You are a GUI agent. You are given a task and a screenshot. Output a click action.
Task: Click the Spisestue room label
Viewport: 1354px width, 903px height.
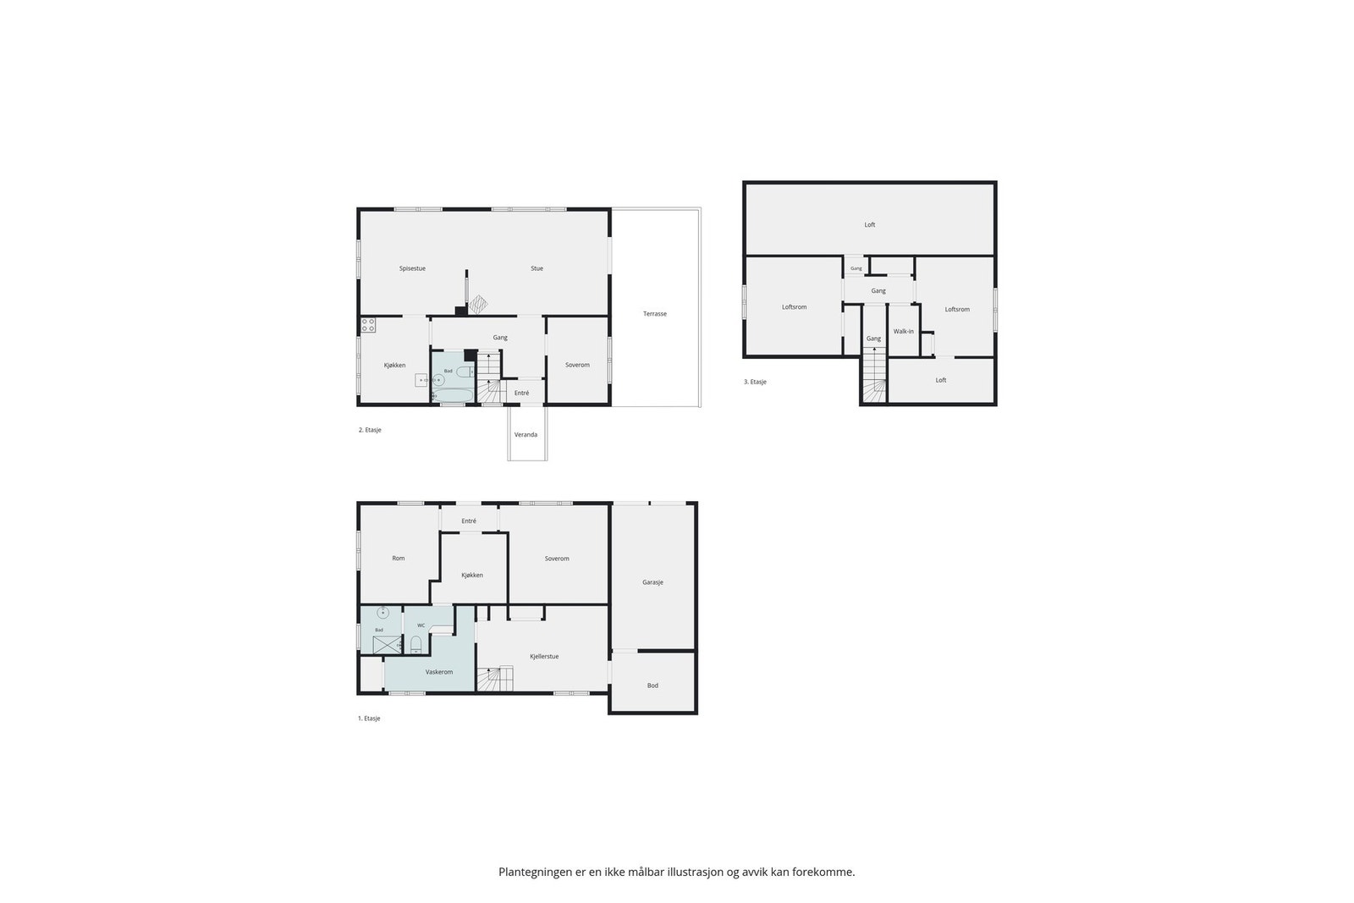pyautogui.click(x=412, y=268)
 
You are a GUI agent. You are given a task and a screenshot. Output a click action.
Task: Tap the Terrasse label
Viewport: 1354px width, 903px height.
pyautogui.click(x=655, y=314)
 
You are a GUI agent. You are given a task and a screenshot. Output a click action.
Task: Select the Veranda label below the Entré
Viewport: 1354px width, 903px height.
pyautogui.click(x=526, y=435)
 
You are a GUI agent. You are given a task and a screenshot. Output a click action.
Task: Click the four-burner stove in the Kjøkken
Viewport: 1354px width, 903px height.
pyautogui.click(x=368, y=325)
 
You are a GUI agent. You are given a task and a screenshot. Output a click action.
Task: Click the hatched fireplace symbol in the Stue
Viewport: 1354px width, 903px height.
pyautogui.click(x=478, y=304)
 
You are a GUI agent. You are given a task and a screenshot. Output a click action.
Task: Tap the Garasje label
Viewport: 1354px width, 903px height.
pyautogui.click(x=652, y=582)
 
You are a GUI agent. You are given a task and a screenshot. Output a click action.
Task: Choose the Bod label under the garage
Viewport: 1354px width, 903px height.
pyautogui.click(x=652, y=686)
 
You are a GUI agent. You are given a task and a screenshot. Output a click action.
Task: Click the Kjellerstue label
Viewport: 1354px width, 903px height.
pyautogui.click(x=544, y=657)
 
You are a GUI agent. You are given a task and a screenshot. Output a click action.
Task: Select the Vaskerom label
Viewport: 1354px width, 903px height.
pyautogui.click(x=439, y=672)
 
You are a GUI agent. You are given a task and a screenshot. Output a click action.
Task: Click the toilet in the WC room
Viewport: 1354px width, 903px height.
pyautogui.click(x=416, y=645)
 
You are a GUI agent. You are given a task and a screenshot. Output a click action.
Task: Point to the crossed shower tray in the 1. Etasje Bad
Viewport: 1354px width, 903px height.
pyautogui.click(x=387, y=645)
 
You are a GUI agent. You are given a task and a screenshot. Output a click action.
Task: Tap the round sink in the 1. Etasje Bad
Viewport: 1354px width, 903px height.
pyautogui.click(x=383, y=613)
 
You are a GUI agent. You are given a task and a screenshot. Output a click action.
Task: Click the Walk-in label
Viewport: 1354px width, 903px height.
pyautogui.click(x=904, y=331)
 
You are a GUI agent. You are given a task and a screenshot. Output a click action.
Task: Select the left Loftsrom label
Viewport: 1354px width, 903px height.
pyautogui.click(x=795, y=307)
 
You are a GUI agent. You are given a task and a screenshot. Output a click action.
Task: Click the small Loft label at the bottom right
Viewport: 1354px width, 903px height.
pyautogui.click(x=941, y=380)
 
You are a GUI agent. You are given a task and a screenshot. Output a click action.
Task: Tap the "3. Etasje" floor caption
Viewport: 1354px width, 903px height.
pyautogui.click(x=756, y=382)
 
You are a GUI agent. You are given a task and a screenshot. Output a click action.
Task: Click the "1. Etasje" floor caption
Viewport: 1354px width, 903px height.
pyautogui.click(x=369, y=719)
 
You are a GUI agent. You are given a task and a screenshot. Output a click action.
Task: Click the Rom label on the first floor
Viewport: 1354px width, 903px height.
pyautogui.click(x=399, y=559)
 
